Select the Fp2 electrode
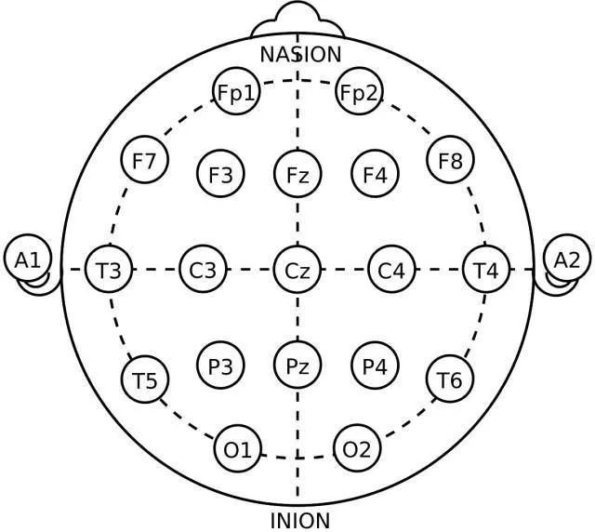pyautogui.click(x=359, y=92)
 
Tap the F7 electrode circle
pyautogui.click(x=144, y=161)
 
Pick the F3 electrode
pyautogui.click(x=220, y=173)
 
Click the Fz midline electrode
pyautogui.click(x=297, y=173)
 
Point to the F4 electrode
pyautogui.click(x=375, y=173)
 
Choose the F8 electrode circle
pyautogui.click(x=450, y=161)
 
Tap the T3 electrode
pyautogui.click(x=109, y=271)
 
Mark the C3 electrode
pyautogui.click(x=203, y=271)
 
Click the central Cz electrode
pyautogui.click(x=297, y=271)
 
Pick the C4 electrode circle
pyautogui.click(x=391, y=271)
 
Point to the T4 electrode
pyautogui.click(x=486, y=271)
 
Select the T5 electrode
pyautogui.click(x=144, y=379)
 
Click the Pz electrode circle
pyautogui.click(x=297, y=366)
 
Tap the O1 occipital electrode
pyautogui.click(x=238, y=450)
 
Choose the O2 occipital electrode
pyautogui.click(x=357, y=450)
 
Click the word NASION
pyautogui.click(x=300, y=54)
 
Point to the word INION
pyautogui.click(x=299, y=519)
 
